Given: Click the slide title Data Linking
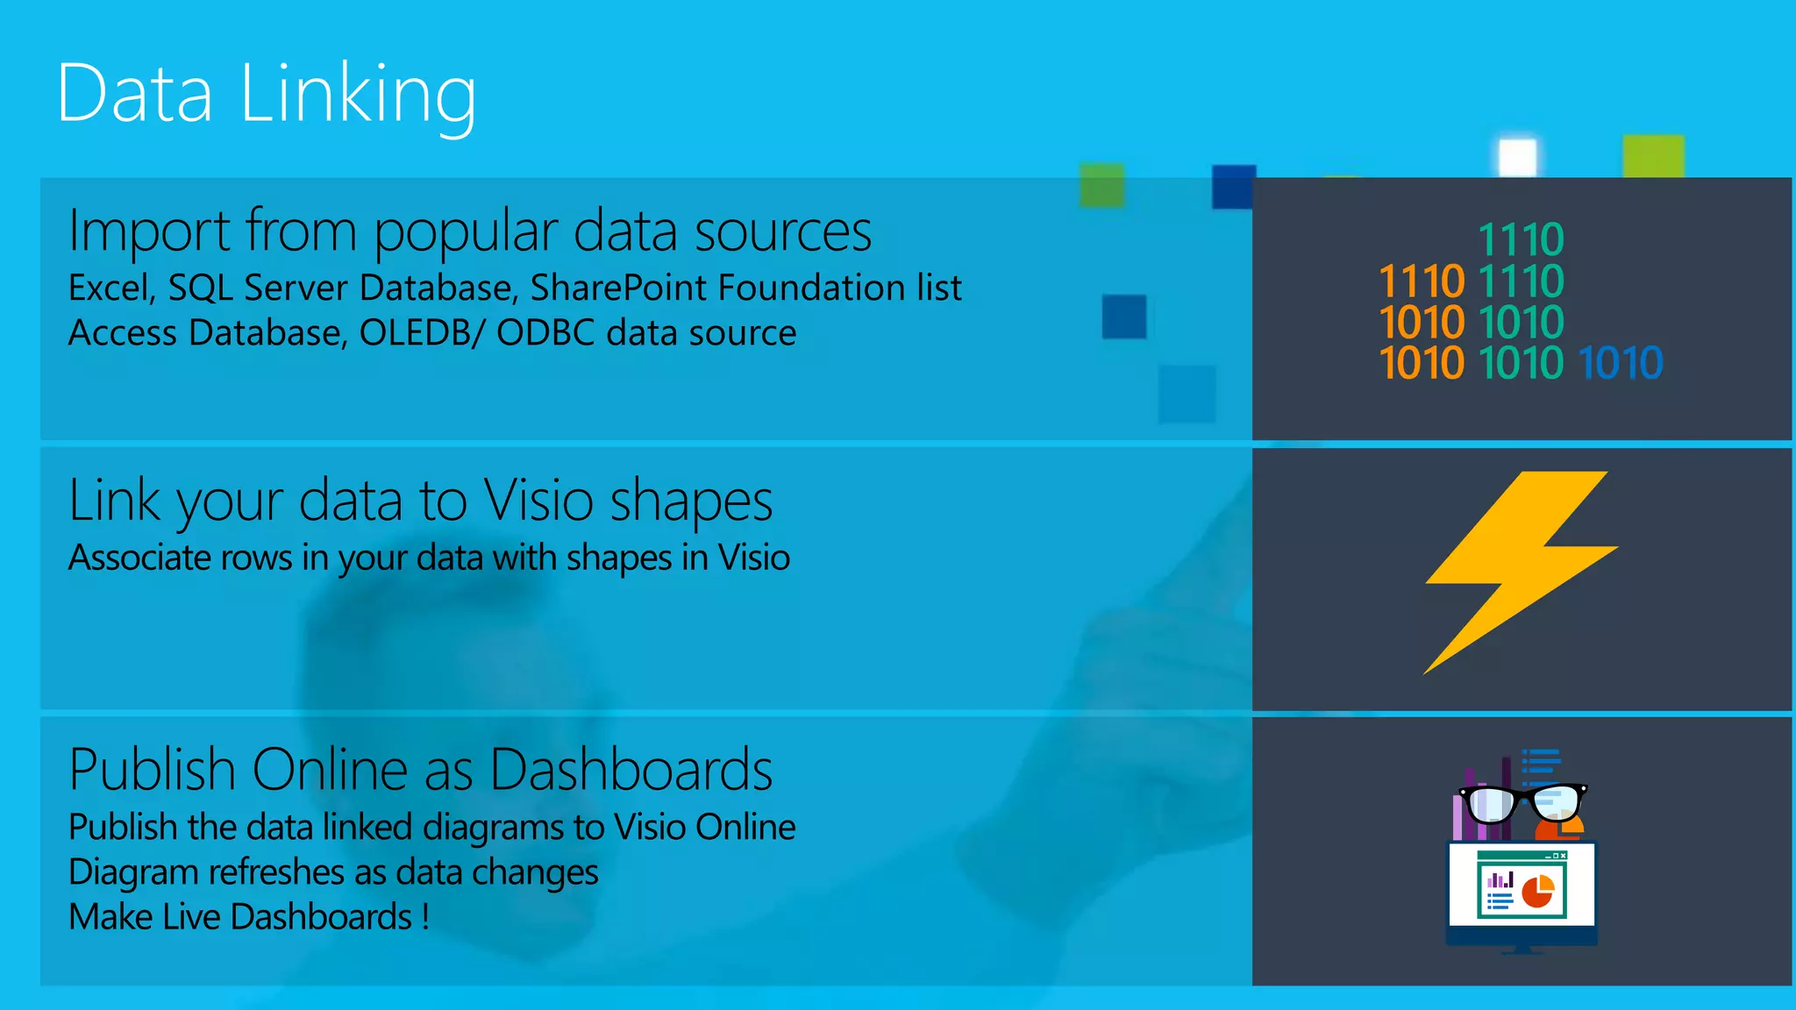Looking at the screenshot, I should coord(267,95).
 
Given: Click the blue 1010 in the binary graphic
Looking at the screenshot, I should coord(1620,363).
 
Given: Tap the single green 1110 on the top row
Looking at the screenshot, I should coord(1521,240).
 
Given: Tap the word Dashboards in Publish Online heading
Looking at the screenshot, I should coord(631,771).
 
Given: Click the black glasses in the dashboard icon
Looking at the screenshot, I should coord(1522,802).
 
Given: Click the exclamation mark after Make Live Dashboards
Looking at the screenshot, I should coord(425,917).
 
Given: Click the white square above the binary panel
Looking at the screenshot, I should coord(1517,158).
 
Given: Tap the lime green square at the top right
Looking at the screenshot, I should coord(1653,156).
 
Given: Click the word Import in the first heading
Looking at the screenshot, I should coord(150,231).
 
